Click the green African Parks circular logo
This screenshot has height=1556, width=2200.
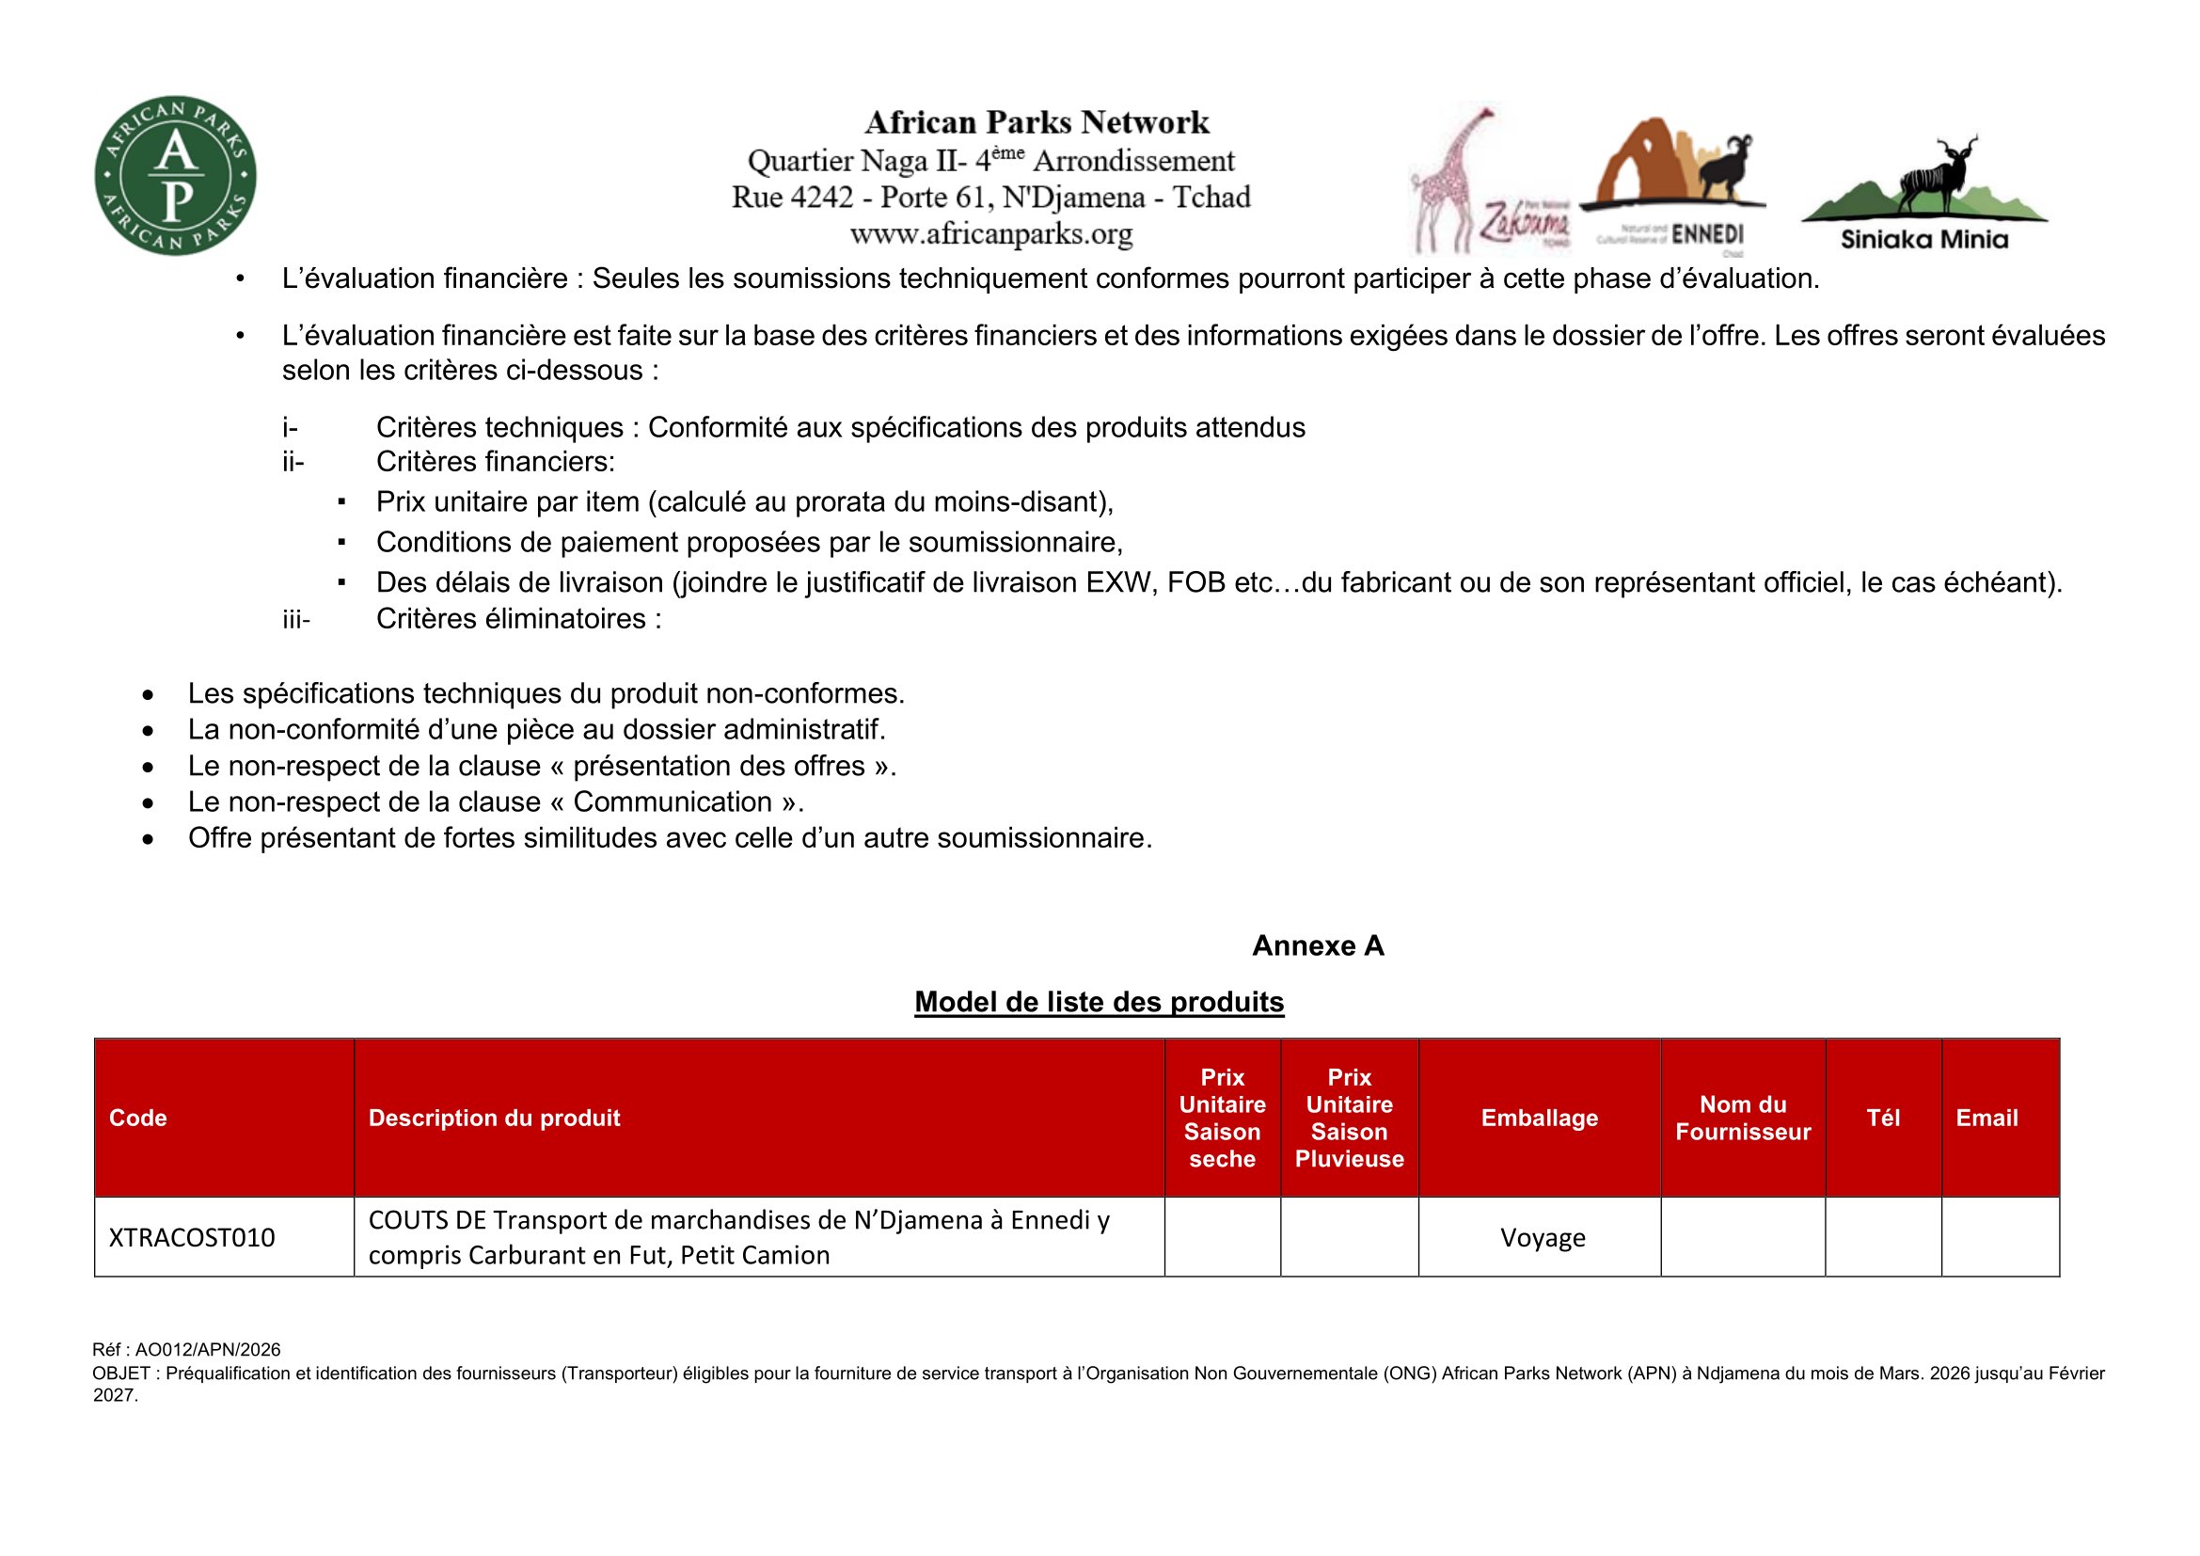(175, 175)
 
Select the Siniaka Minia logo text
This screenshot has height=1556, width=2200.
(1924, 240)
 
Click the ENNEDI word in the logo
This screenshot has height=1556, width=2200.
(1707, 235)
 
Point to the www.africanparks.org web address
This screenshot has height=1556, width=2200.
(990, 234)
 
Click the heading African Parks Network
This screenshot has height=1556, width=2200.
(1037, 122)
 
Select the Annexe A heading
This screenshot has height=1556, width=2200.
(1318, 945)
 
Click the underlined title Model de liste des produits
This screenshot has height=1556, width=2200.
(1099, 1001)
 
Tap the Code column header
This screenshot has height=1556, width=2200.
(138, 1119)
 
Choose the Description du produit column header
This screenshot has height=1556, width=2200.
(495, 1119)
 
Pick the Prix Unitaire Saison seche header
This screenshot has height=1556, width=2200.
(1222, 1119)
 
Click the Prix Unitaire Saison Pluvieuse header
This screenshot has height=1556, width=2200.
(1349, 1119)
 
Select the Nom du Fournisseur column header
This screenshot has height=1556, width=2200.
(1743, 1119)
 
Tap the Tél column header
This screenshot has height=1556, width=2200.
(1883, 1119)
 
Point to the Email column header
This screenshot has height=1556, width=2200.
(1986, 1119)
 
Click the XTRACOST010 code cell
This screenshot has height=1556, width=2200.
(192, 1238)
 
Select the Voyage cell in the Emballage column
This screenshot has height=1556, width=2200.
(1543, 1238)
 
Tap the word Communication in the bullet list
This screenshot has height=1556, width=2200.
(673, 802)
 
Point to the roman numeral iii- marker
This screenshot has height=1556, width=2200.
(296, 620)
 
